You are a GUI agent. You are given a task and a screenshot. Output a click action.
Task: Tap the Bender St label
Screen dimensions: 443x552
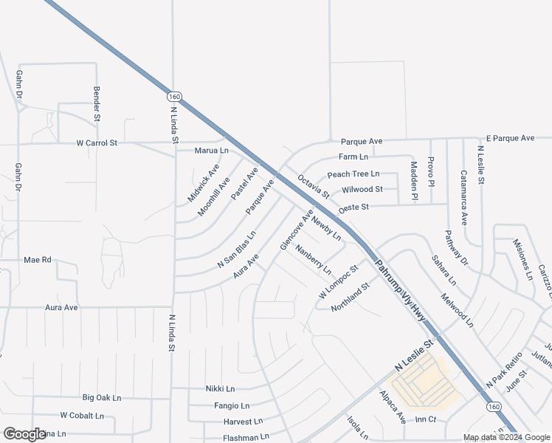click(97, 103)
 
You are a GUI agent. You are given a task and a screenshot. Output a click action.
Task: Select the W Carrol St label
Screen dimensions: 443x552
click(97, 142)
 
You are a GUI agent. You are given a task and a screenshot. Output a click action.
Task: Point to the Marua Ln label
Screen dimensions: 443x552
click(211, 151)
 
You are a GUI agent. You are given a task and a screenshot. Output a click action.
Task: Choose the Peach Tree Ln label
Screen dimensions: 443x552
click(353, 174)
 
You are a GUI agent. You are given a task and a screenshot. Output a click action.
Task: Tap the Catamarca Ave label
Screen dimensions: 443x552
click(463, 198)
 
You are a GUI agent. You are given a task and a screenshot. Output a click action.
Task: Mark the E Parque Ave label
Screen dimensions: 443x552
click(510, 138)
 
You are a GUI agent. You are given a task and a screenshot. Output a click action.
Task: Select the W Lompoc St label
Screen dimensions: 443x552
click(338, 281)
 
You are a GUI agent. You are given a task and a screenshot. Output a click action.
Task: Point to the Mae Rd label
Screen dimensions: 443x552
click(37, 260)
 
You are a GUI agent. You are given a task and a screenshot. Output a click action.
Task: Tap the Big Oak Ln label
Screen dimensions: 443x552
click(101, 397)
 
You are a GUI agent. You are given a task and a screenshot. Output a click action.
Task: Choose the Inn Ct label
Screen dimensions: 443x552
click(426, 419)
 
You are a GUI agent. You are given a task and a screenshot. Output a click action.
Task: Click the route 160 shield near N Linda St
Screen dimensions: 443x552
click(174, 97)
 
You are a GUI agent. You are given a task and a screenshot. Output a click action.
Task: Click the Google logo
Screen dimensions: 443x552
click(24, 434)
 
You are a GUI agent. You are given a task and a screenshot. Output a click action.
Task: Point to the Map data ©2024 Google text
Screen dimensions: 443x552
click(507, 437)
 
